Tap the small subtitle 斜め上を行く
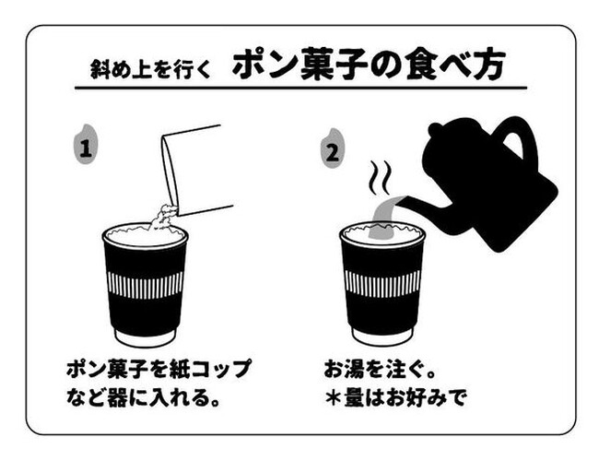(149, 68)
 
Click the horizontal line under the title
(299, 89)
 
